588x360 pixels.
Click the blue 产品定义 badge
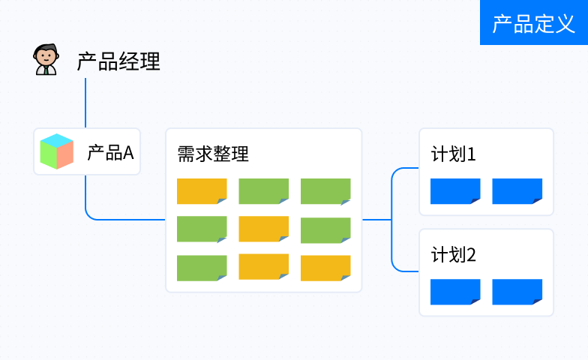[x=534, y=22]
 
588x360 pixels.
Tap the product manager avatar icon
[x=46, y=59]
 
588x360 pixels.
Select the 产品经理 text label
[x=118, y=61]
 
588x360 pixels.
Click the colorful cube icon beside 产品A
[x=57, y=151]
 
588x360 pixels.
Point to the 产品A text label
[x=111, y=153]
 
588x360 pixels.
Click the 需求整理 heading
[x=213, y=154]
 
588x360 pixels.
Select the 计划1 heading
[x=453, y=154]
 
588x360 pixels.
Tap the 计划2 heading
[x=453, y=255]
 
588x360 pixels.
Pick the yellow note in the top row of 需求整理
[x=202, y=191]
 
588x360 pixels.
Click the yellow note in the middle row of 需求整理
[x=264, y=229]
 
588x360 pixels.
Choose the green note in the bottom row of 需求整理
[x=202, y=268]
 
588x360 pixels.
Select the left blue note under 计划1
[x=455, y=191]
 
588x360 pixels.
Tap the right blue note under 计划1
[x=517, y=191]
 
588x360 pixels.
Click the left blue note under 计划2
[x=455, y=292]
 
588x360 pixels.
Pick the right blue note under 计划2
[x=517, y=292]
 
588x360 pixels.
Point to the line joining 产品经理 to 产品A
[x=85, y=103]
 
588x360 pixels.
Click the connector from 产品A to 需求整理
[x=97, y=219]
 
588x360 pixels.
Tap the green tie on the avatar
[x=46, y=70]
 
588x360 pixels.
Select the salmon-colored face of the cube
[x=65, y=155]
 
